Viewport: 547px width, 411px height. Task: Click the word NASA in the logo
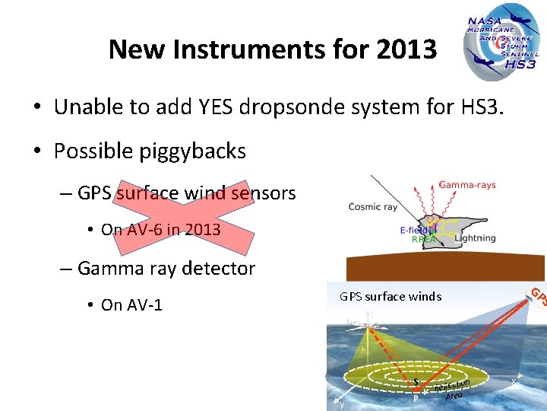point(484,23)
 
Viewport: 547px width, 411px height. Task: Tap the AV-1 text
point(144,305)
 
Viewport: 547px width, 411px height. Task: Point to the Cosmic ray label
point(374,207)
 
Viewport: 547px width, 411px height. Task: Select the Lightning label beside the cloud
point(474,238)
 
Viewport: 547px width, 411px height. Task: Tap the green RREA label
point(423,239)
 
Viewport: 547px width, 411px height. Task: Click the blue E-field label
point(415,229)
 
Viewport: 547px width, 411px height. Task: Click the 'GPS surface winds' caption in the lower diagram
point(390,297)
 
